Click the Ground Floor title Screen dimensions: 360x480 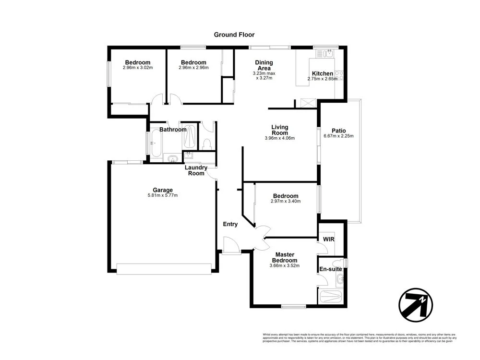[x=234, y=35]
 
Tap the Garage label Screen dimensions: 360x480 [x=163, y=190]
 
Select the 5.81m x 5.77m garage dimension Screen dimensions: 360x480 [x=163, y=195]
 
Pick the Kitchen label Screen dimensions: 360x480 [x=323, y=73]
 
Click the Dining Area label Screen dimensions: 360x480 [x=264, y=65]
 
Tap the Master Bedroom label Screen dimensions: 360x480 [x=285, y=257]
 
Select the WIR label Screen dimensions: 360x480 [x=329, y=239]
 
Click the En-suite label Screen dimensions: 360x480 [x=330, y=269]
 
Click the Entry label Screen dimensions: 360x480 [x=230, y=224]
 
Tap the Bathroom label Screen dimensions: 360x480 [x=173, y=130]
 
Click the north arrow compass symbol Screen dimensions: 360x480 [x=416, y=304]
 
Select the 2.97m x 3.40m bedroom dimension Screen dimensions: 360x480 [x=286, y=202]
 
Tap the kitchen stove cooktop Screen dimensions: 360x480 [x=339, y=74]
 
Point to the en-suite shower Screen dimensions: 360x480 [x=331, y=296]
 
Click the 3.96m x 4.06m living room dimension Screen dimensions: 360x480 [x=279, y=138]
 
